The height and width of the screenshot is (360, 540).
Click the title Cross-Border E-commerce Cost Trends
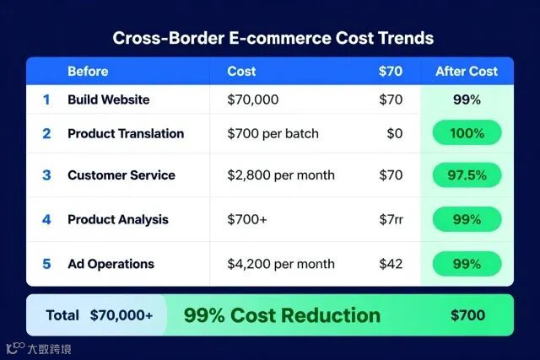273,38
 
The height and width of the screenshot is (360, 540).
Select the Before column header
88,72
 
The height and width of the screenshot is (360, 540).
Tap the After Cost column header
467,72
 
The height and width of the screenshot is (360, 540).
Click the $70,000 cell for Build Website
253,99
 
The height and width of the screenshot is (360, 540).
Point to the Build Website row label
109,99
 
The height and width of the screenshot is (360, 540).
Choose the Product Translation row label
126,133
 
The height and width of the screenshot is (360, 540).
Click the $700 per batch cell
273,133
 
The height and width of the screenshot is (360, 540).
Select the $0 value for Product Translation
394,133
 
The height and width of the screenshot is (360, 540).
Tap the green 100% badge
467,132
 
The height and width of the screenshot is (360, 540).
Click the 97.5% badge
467,175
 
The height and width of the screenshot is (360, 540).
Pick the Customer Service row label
121,175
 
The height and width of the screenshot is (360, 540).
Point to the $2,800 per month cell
281,175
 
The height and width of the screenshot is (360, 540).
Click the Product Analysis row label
118,219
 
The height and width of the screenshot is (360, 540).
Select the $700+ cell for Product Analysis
247,219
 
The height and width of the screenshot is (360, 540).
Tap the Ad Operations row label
111,264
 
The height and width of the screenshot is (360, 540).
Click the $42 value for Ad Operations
391,264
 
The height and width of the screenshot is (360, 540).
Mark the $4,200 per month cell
281,264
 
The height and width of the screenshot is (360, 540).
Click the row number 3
46,175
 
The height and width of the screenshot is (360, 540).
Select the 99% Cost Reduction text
282,315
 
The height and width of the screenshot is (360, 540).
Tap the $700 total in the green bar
467,315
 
